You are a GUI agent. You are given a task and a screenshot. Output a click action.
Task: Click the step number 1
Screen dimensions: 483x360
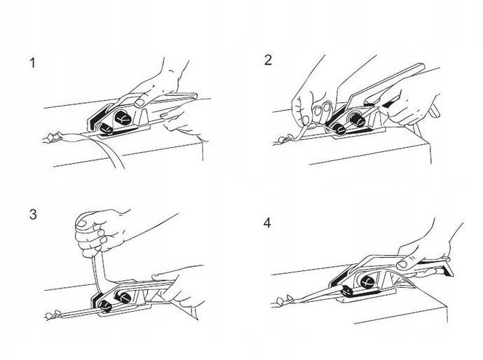pos(32,63)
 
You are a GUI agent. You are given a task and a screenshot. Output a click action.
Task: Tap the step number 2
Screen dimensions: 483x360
pos(268,60)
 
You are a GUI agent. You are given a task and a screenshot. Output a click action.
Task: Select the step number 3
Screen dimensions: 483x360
pos(33,214)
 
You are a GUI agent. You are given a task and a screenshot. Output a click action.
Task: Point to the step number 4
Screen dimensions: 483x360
pos(267,223)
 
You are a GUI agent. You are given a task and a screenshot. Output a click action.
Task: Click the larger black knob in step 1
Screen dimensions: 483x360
pos(123,117)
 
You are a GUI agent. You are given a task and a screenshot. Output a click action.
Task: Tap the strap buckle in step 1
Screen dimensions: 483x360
pos(53,137)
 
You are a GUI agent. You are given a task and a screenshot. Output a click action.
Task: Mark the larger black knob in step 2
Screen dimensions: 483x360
pos(358,119)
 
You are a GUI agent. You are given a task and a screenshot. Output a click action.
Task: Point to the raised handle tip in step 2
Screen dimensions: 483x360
pos(421,67)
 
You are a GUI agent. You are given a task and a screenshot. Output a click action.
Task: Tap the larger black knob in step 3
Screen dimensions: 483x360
pos(123,296)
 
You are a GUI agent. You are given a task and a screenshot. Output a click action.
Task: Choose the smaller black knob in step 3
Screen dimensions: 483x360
pos(105,305)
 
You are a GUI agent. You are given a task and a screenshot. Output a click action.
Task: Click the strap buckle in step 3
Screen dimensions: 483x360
pos(52,315)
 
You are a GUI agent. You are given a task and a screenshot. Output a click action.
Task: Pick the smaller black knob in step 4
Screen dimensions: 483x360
pos(348,291)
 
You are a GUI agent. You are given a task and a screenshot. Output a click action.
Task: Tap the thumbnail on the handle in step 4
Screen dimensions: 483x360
pos(402,265)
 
